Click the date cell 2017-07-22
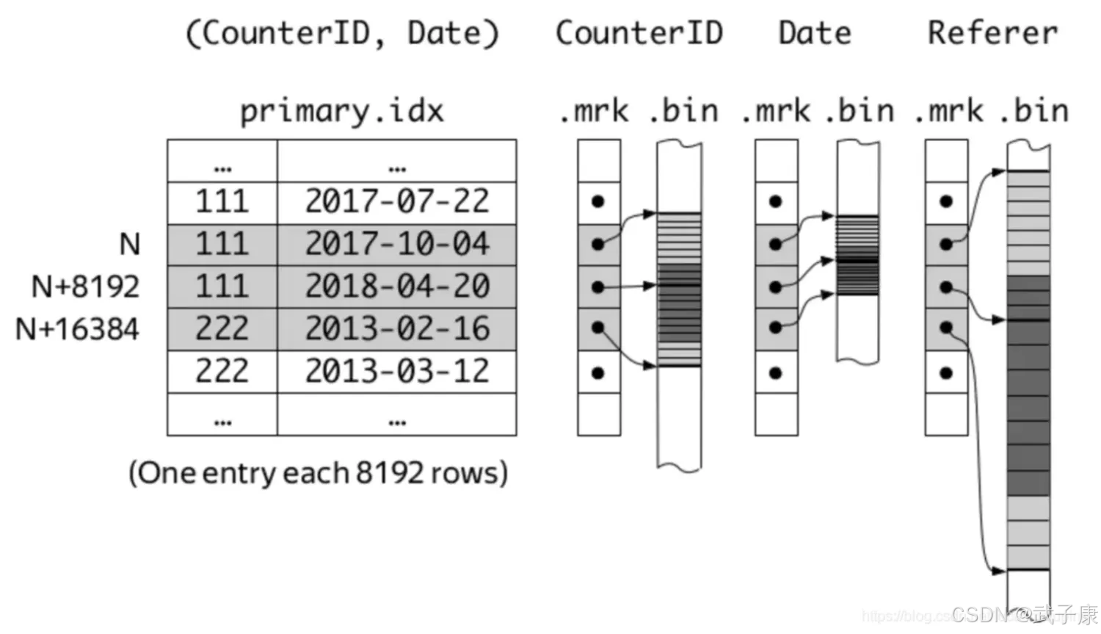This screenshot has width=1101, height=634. (x=396, y=201)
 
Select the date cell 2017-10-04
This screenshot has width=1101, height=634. (x=396, y=244)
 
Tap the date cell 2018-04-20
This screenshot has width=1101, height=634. (x=396, y=286)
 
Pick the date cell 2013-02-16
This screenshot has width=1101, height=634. (x=396, y=328)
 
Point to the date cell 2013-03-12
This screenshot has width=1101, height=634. (x=396, y=371)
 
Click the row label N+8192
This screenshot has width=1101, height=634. (x=85, y=286)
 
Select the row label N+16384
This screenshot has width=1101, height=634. (x=77, y=328)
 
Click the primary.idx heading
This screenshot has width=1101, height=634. (x=342, y=111)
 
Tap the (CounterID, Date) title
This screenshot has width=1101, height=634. (x=342, y=34)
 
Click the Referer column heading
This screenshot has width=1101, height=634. (x=992, y=33)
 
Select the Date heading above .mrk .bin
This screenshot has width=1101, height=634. (x=814, y=33)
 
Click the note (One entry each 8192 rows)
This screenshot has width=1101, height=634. (x=318, y=472)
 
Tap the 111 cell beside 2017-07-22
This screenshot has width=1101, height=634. (x=222, y=201)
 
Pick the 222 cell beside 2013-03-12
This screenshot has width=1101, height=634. (x=222, y=371)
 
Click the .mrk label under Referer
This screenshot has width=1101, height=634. (x=948, y=111)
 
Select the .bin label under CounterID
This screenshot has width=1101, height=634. (x=683, y=111)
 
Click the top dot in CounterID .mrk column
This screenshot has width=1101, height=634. (x=598, y=201)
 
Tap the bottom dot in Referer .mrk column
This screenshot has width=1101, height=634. (x=946, y=373)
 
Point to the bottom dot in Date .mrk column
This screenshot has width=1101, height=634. (x=776, y=373)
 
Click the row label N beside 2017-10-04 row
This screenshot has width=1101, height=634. (x=129, y=244)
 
